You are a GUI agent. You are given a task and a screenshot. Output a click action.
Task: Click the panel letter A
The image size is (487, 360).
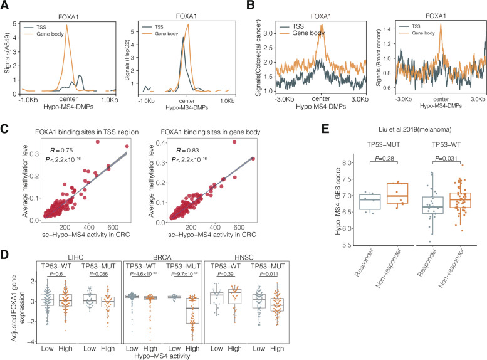pyautogui.click(x=5, y=6)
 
